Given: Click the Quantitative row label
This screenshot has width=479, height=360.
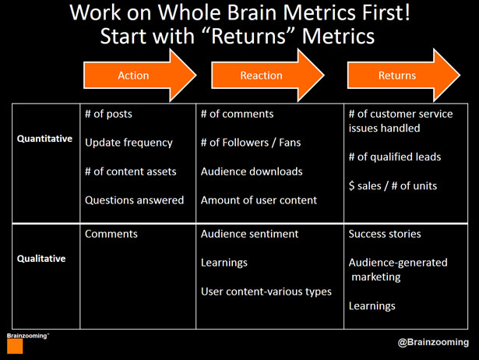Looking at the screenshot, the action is (44, 139).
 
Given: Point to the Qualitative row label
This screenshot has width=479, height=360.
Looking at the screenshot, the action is (41, 259).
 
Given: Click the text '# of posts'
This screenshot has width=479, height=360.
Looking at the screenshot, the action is (108, 114).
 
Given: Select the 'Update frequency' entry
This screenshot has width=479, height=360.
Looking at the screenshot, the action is (129, 143).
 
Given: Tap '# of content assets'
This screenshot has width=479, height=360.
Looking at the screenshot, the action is (130, 171).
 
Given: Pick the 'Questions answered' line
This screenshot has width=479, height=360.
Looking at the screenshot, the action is (135, 200).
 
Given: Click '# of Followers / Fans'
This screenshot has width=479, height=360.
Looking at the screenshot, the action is (251, 143).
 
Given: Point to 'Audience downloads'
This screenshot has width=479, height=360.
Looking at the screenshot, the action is (252, 171).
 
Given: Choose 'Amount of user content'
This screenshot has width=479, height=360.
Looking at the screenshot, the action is (259, 200).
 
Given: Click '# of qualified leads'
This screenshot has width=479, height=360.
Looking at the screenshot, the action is (395, 157).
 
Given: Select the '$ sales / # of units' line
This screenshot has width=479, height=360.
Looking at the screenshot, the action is (393, 185).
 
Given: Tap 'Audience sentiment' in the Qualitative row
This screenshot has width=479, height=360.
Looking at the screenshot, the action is (249, 234).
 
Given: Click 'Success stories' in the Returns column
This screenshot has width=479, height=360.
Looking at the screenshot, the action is (385, 234).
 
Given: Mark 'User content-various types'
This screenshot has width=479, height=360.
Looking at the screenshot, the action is (266, 291).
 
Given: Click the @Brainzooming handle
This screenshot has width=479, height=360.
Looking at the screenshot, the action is (433, 342).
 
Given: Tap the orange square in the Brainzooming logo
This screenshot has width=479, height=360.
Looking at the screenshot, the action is (15, 346).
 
